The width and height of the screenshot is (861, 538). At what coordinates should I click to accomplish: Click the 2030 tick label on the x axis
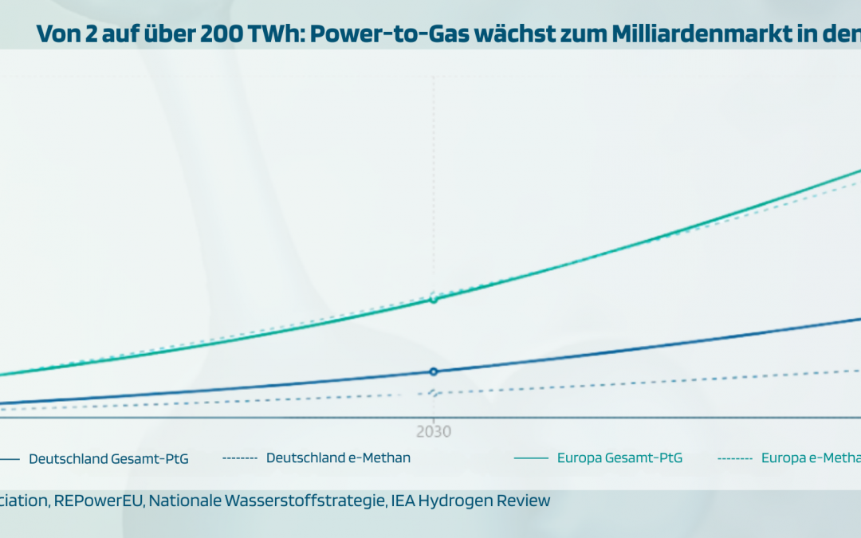tap(433, 431)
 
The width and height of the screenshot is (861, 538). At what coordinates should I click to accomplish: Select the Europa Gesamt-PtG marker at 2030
tap(434, 300)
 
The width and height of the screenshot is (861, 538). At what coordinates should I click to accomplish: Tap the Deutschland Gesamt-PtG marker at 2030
tap(434, 371)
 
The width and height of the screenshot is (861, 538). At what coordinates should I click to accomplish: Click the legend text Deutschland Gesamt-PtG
tap(108, 458)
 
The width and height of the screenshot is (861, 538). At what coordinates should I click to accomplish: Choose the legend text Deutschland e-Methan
tap(338, 457)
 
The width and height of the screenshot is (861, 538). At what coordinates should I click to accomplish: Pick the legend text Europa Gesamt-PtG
tap(619, 458)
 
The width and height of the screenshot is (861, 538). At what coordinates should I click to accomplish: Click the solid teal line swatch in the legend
tap(531, 458)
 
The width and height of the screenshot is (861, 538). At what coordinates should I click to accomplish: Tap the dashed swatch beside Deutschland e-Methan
tap(239, 458)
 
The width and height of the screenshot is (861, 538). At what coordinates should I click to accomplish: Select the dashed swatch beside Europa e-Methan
tap(734, 458)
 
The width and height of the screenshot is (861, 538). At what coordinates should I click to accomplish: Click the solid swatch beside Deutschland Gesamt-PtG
tap(10, 458)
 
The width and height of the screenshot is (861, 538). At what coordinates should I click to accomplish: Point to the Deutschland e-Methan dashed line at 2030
tap(434, 393)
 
